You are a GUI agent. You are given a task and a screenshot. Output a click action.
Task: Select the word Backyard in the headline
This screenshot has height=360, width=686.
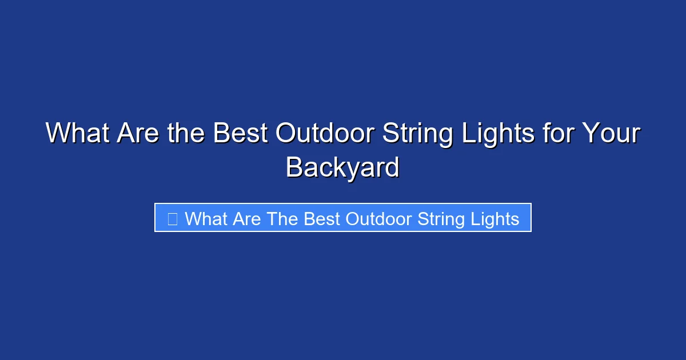pos(342,167)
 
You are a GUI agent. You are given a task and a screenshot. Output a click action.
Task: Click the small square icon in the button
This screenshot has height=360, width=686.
pos(172,218)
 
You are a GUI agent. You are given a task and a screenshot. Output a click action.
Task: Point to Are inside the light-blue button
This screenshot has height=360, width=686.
pos(247,218)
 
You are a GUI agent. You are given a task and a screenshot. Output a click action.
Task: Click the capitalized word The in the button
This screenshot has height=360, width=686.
pos(282,218)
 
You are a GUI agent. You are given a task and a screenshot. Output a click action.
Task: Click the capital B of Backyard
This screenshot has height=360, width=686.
pos(294,167)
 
